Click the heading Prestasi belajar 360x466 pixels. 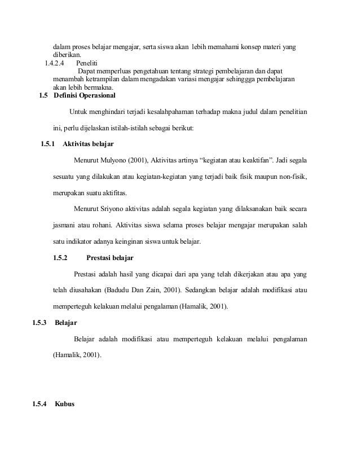(111, 258)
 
